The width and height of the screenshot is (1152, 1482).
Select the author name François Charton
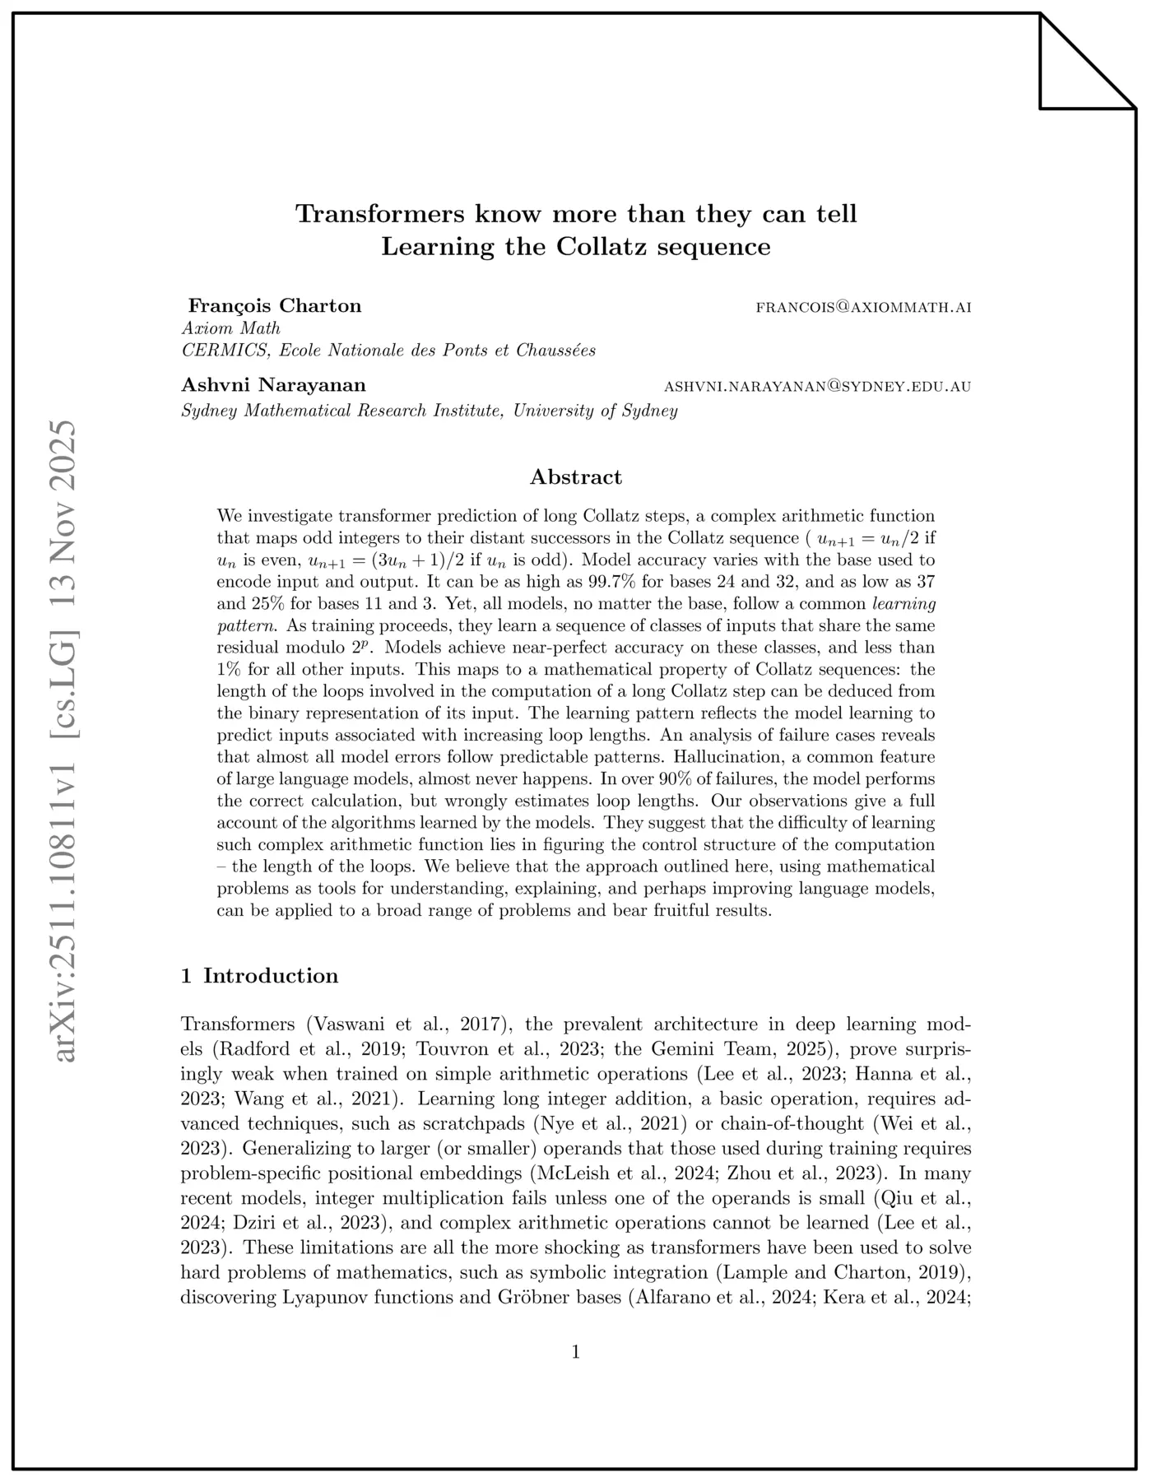[x=275, y=306]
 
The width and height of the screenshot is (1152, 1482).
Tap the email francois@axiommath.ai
[x=863, y=308]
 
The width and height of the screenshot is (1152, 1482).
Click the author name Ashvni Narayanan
[x=274, y=385]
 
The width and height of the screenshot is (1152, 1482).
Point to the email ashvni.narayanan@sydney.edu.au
[x=817, y=387]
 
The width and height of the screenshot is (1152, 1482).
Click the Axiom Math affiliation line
[x=231, y=328]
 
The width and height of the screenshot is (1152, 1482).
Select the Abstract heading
[x=576, y=477]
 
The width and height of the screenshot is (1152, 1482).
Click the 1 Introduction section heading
[x=260, y=976]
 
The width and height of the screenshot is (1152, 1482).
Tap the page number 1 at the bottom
[x=576, y=1352]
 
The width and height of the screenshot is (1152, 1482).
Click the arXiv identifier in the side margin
[x=64, y=741]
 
